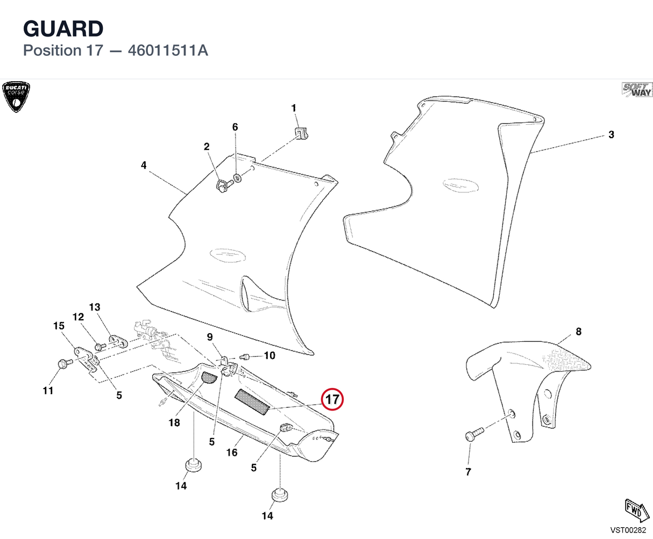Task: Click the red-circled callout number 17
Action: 332,399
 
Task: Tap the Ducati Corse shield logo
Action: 16,97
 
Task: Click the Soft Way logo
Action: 637,90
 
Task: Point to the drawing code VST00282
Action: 628,530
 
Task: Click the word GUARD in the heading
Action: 63,28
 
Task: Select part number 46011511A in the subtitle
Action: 168,51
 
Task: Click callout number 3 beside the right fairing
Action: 611,135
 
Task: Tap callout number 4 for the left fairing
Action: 144,165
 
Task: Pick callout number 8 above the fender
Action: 579,331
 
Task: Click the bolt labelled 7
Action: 474,434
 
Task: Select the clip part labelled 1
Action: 301,133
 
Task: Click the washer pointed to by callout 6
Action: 237,178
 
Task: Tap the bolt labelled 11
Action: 65,363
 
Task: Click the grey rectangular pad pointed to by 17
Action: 252,402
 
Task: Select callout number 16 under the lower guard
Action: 232,452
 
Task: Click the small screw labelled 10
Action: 244,356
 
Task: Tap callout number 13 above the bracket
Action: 95,307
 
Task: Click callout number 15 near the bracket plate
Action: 59,326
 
